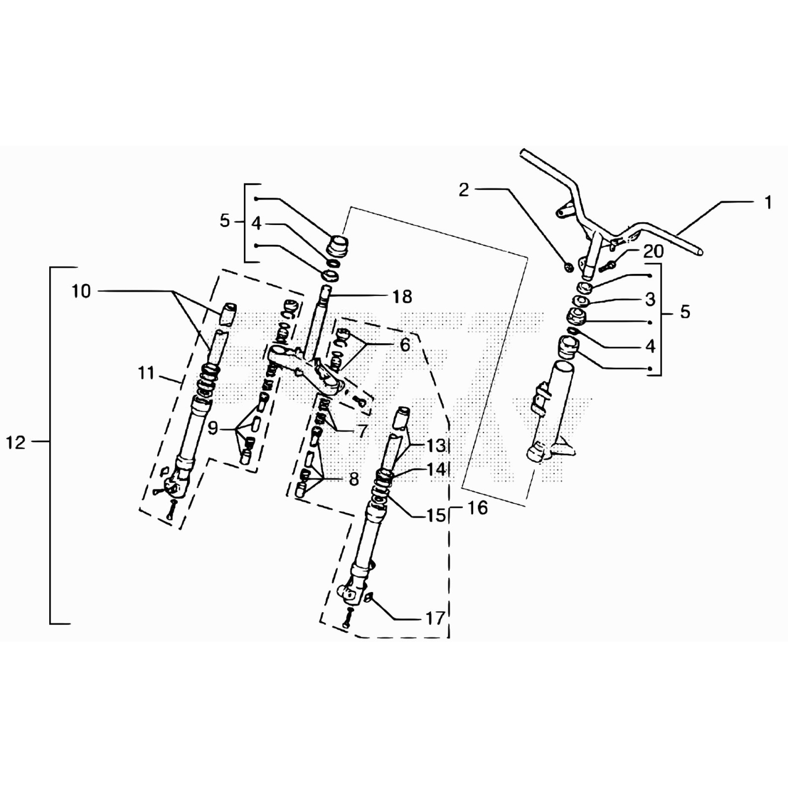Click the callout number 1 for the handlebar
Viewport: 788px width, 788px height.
tap(768, 202)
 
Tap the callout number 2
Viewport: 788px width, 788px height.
tap(464, 190)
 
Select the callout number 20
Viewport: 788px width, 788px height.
tap(654, 251)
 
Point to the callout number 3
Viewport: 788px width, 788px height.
tap(650, 299)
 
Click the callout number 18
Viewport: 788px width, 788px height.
tap(402, 296)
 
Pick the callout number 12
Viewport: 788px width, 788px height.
tap(15, 442)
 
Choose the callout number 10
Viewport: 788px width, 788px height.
tap(81, 291)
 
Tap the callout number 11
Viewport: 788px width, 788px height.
tap(146, 373)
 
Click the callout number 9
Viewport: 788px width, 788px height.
tap(212, 428)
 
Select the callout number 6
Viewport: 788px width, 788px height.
tap(404, 345)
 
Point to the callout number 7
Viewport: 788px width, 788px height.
tap(362, 430)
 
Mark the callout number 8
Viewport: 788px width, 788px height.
tap(354, 478)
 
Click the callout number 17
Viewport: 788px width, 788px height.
tap(435, 618)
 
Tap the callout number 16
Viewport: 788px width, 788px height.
tap(477, 507)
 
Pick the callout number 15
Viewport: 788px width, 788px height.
tap(436, 516)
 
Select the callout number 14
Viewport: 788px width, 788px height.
tap(436, 469)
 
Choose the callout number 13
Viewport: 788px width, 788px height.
tap(436, 445)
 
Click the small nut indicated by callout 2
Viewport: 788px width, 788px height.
tap(568, 267)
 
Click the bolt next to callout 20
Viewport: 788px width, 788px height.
tap(607, 266)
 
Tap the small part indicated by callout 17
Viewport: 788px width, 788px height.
tap(369, 598)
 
